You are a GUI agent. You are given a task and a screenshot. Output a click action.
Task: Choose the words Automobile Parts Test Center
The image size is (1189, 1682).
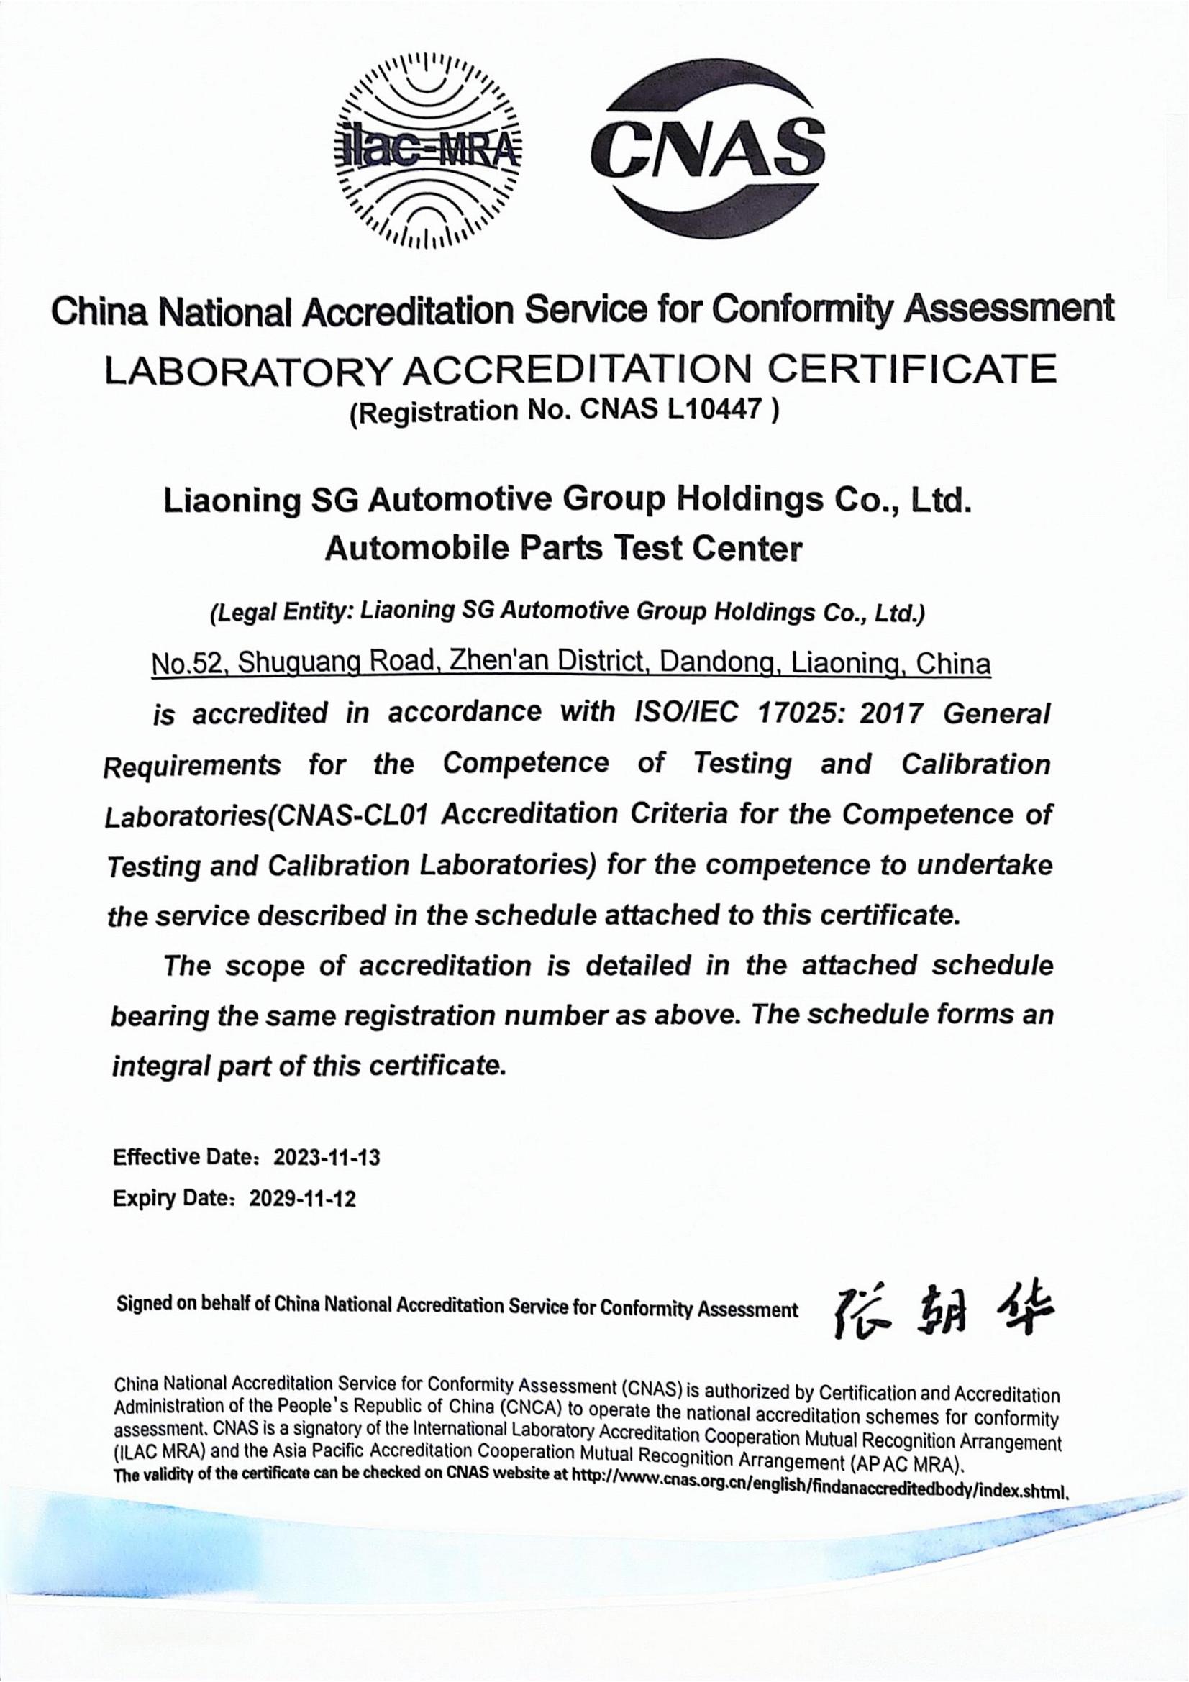click(x=563, y=548)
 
